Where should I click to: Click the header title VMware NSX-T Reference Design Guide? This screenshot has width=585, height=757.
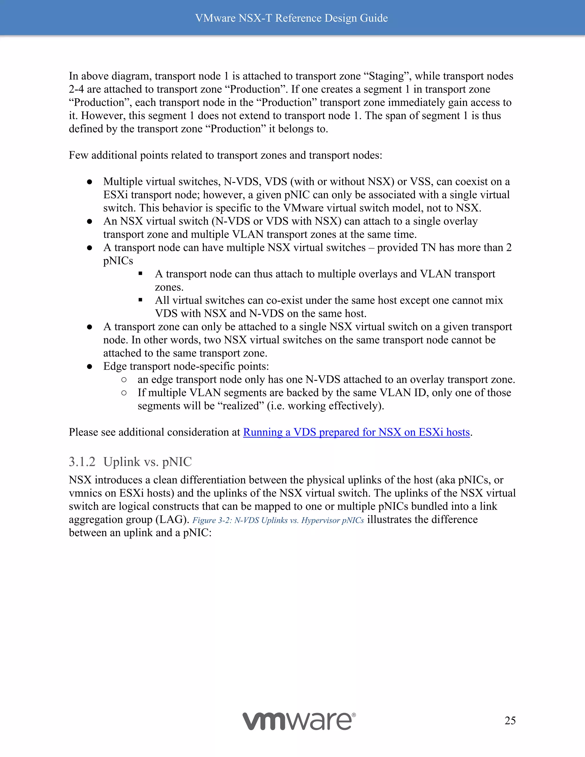pyautogui.click(x=291, y=18)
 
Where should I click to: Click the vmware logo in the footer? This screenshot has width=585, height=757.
pyautogui.click(x=299, y=721)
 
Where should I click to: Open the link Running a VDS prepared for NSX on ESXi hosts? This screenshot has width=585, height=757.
pyautogui.click(x=356, y=432)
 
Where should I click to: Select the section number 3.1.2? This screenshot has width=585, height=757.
pyautogui.click(x=82, y=462)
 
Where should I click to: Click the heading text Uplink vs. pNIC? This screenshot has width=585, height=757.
pyautogui.click(x=147, y=462)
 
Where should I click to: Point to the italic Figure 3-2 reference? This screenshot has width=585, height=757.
pyautogui.click(x=278, y=520)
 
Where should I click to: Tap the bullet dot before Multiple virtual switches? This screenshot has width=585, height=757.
pyautogui.click(x=89, y=182)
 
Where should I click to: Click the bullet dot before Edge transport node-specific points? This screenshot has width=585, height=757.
pyautogui.click(x=89, y=367)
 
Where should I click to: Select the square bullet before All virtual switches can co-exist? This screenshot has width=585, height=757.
pyautogui.click(x=140, y=300)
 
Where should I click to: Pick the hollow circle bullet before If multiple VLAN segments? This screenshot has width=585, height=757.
pyautogui.click(x=124, y=393)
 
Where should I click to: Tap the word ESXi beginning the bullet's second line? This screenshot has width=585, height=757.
pyautogui.click(x=115, y=195)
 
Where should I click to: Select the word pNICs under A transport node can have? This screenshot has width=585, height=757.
pyautogui.click(x=118, y=261)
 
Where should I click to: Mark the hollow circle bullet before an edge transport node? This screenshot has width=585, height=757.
pyautogui.click(x=124, y=380)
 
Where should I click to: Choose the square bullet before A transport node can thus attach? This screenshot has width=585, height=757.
pyautogui.click(x=140, y=274)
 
